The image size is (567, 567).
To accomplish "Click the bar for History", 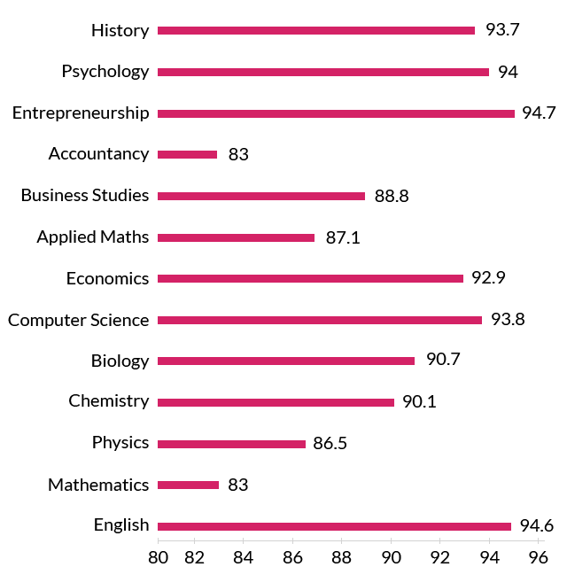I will click(x=316, y=30).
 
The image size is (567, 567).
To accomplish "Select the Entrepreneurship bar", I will click(x=336, y=113).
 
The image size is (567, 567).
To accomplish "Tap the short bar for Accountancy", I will click(x=188, y=154).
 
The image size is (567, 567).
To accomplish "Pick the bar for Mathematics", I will click(x=188, y=485).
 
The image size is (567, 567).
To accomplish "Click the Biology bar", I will click(x=286, y=361).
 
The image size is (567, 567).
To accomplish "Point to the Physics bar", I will click(x=231, y=444).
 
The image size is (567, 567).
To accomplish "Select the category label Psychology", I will click(x=105, y=72).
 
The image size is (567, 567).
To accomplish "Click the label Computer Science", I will click(x=79, y=320).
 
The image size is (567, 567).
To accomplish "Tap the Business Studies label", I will click(x=85, y=195).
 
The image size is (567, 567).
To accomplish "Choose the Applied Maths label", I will click(x=93, y=237).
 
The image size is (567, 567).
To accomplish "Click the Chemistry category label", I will click(x=109, y=401).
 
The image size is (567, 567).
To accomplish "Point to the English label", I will click(x=121, y=525).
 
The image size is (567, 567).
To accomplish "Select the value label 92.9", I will click(x=488, y=278).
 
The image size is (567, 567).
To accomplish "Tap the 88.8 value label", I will click(x=392, y=196).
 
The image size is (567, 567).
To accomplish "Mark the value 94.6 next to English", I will click(x=536, y=526).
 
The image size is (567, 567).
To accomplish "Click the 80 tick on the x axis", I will click(x=159, y=557).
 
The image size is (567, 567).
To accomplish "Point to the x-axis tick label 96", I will click(x=537, y=557).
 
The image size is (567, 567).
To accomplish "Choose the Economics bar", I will click(x=310, y=278).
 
